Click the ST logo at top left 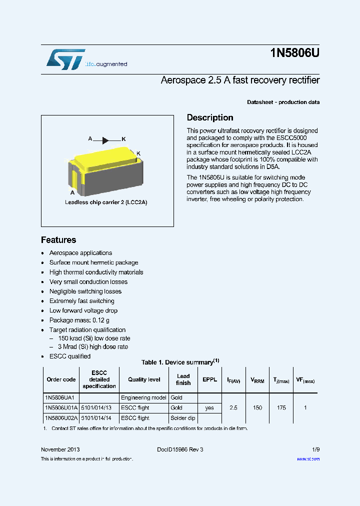point(65,59)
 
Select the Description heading point(210,118)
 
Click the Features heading point(58,240)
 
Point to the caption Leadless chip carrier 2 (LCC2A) point(106,202)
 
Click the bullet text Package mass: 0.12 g point(79,320)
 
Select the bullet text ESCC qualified point(70,356)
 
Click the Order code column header point(61,379)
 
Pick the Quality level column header point(144,379)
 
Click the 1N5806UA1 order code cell point(59,397)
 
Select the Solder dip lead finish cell point(183,417)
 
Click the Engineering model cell point(143,397)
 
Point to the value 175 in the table point(281,408)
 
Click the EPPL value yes point(209,408)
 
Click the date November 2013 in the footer point(60,449)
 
